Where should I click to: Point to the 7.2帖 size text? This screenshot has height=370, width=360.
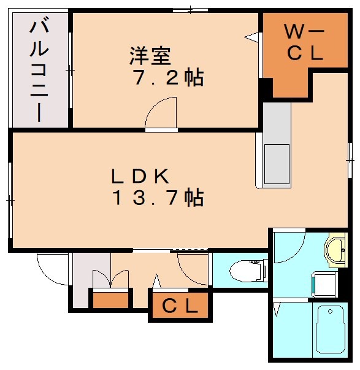[168, 79]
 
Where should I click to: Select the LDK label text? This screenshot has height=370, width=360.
[139, 176]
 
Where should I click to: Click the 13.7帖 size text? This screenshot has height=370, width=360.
[157, 198]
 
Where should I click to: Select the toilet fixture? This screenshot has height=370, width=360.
[245, 269]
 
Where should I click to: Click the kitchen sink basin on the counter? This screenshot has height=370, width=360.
[276, 162]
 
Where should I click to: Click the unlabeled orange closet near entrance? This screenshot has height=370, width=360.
[110, 301]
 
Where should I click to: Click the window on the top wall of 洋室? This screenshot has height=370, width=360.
[190, 10]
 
